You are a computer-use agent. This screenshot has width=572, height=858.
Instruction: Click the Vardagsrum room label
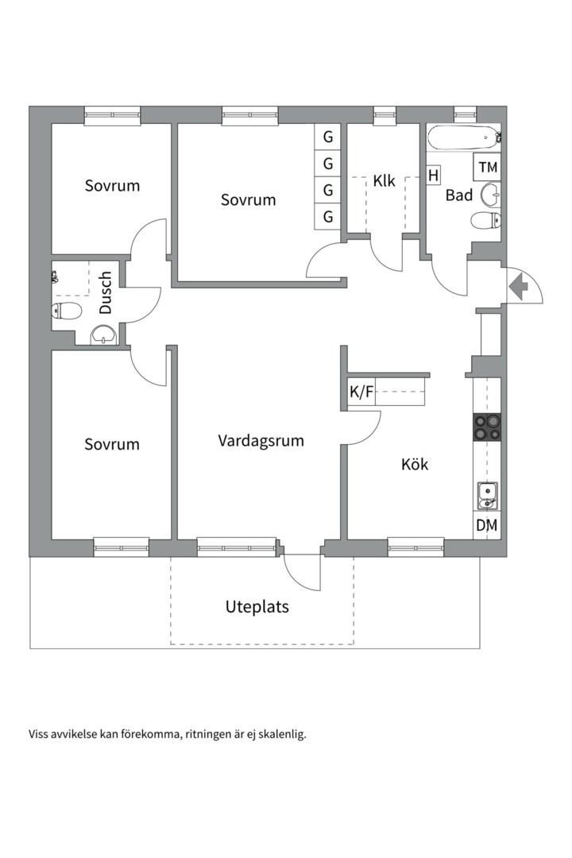(261, 440)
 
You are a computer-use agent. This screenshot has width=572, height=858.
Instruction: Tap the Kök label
(414, 464)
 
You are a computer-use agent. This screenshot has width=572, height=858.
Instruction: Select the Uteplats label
(257, 607)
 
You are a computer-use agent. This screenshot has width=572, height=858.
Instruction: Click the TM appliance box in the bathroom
(488, 168)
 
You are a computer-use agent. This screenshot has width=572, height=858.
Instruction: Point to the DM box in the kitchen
(486, 524)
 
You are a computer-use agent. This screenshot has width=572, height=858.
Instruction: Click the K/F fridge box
(361, 392)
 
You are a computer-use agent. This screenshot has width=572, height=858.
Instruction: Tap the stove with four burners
(487, 427)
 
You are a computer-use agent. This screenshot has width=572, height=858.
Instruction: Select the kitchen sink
(486, 495)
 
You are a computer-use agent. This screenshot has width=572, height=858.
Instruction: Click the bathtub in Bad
(463, 138)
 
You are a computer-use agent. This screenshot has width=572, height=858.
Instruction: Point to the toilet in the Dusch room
(67, 310)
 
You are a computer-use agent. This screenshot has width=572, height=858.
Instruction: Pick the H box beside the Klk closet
(433, 176)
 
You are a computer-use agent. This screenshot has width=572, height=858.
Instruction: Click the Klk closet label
(385, 181)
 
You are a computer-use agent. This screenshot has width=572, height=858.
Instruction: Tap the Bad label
(458, 195)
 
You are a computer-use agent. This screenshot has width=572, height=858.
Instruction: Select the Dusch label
(106, 293)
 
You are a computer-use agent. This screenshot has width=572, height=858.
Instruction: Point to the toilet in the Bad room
(485, 220)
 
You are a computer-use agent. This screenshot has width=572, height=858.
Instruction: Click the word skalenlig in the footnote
(278, 734)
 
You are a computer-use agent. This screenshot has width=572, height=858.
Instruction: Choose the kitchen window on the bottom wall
(415, 546)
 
